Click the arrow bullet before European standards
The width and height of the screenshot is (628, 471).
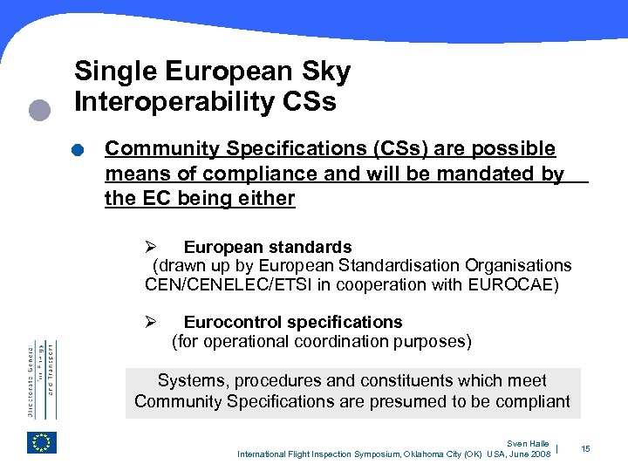(x=150, y=247)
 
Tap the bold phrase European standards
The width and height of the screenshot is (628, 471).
(x=268, y=247)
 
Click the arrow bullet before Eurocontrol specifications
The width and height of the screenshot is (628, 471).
(x=150, y=322)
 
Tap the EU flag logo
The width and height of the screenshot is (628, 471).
(x=41, y=443)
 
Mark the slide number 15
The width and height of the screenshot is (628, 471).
(x=585, y=448)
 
